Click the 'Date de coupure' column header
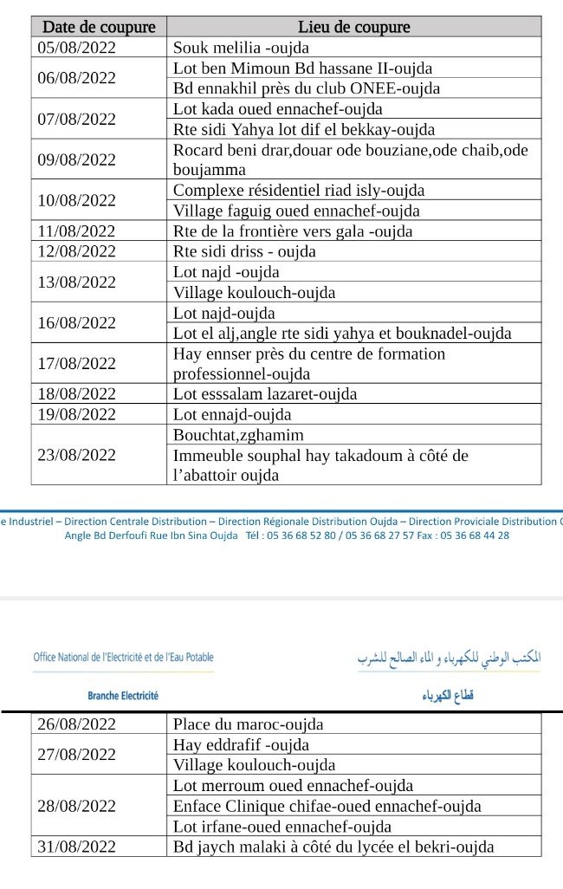(99, 27)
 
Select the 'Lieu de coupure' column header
(353, 27)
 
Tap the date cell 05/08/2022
(77, 48)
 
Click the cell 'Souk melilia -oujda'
(241, 48)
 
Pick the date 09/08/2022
(77, 159)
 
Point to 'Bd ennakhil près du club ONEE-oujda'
(307, 88)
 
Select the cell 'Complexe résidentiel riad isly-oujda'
(299, 190)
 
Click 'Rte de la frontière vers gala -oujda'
(293, 231)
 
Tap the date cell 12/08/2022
(77, 251)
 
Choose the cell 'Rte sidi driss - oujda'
(244, 251)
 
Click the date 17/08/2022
(77, 363)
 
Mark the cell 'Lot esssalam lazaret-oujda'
(265, 394)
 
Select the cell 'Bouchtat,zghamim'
(238, 435)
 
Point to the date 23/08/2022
(77, 455)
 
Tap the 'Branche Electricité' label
(123, 696)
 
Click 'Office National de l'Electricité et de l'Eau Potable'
(123, 658)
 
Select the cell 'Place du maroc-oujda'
(248, 724)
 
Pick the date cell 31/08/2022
(77, 847)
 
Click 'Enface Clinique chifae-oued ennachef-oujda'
(327, 807)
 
